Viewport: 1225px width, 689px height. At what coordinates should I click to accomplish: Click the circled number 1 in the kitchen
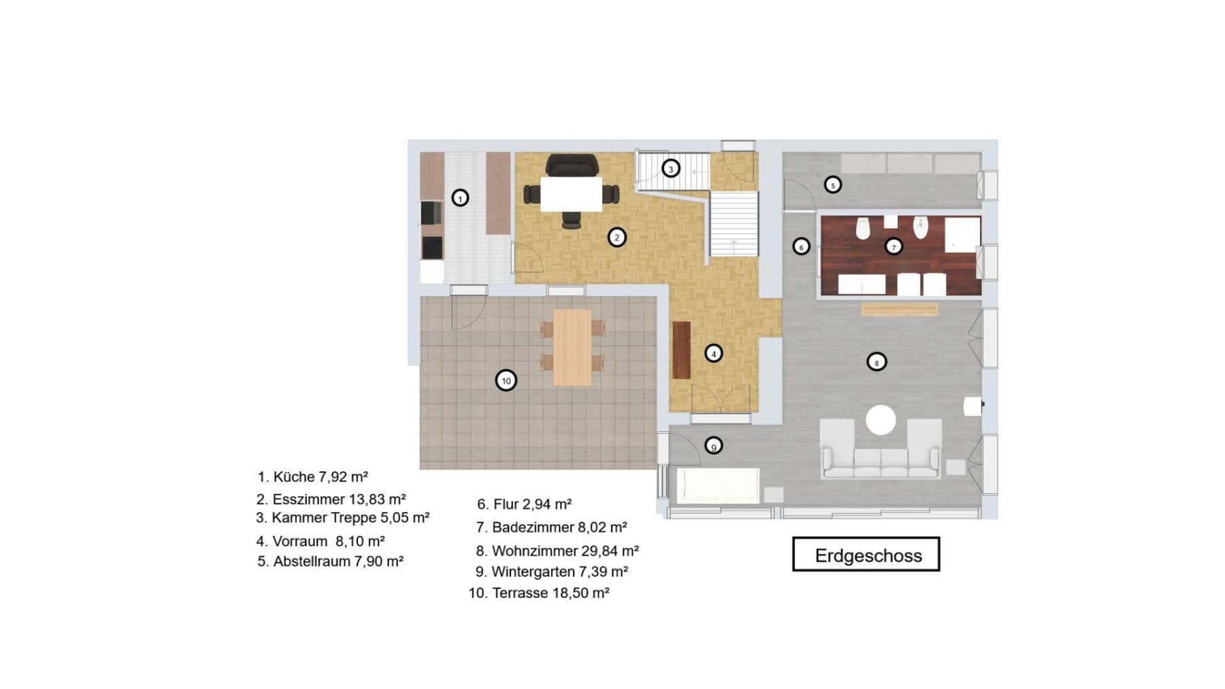[460, 198]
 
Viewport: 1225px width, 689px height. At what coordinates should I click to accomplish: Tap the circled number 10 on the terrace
[506, 381]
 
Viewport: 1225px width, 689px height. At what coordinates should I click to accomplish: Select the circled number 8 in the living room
[877, 363]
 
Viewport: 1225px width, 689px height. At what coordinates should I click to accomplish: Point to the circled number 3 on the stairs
[670, 168]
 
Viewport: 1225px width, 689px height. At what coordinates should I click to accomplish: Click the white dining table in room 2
[571, 194]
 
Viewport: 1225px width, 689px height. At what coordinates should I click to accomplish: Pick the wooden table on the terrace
[572, 348]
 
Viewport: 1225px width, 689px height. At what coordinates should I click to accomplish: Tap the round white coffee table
[881, 420]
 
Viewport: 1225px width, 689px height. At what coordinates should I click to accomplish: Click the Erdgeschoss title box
[866, 554]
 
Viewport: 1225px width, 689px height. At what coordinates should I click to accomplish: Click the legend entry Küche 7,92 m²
[312, 477]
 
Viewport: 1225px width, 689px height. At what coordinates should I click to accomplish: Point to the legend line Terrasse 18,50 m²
[538, 592]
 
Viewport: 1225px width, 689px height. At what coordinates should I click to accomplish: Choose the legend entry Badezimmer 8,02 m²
[551, 527]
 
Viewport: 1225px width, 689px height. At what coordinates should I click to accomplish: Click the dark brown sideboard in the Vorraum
[681, 350]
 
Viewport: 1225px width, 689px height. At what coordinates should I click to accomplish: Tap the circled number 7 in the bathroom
[894, 247]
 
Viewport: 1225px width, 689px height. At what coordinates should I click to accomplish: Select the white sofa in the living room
[881, 463]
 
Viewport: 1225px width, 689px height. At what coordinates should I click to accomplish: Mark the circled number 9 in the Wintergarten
[713, 446]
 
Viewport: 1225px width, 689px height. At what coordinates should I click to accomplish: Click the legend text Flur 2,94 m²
[524, 504]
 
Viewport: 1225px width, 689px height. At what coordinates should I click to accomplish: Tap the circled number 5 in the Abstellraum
[832, 184]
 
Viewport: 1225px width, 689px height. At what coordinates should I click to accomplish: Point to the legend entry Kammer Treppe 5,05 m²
[342, 518]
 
